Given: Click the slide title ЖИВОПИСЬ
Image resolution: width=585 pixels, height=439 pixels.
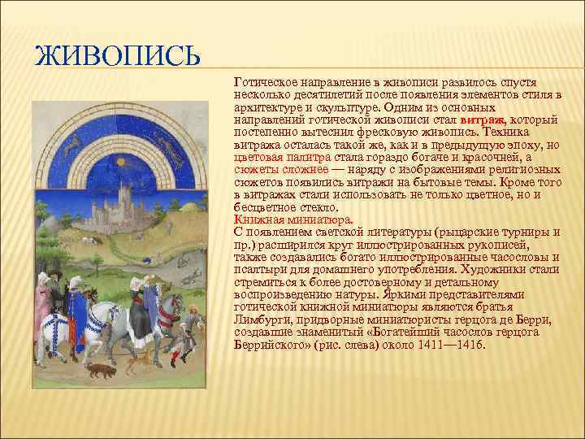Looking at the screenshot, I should pos(116,59).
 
